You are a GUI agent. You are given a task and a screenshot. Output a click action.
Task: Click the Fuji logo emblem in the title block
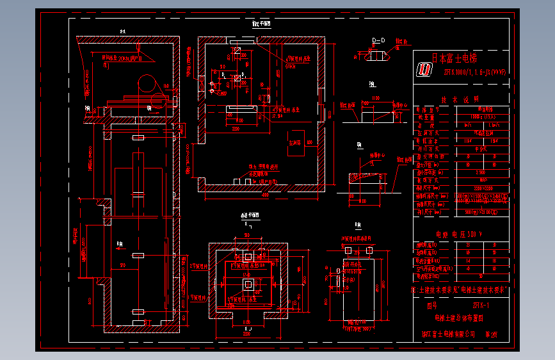click(x=424, y=70)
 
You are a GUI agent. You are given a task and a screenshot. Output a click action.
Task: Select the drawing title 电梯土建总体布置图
click(x=459, y=318)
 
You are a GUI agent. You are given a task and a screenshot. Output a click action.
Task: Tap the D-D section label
click(x=379, y=40)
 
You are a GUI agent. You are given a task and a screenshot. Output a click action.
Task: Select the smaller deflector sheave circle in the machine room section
click(x=157, y=99)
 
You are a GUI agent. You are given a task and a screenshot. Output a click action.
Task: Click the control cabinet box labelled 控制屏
click(x=296, y=142)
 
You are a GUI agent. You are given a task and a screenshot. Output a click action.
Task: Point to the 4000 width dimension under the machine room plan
click(x=264, y=194)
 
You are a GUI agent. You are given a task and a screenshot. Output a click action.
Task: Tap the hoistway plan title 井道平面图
click(x=249, y=215)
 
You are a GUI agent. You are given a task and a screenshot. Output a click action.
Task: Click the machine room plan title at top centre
click(x=261, y=24)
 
